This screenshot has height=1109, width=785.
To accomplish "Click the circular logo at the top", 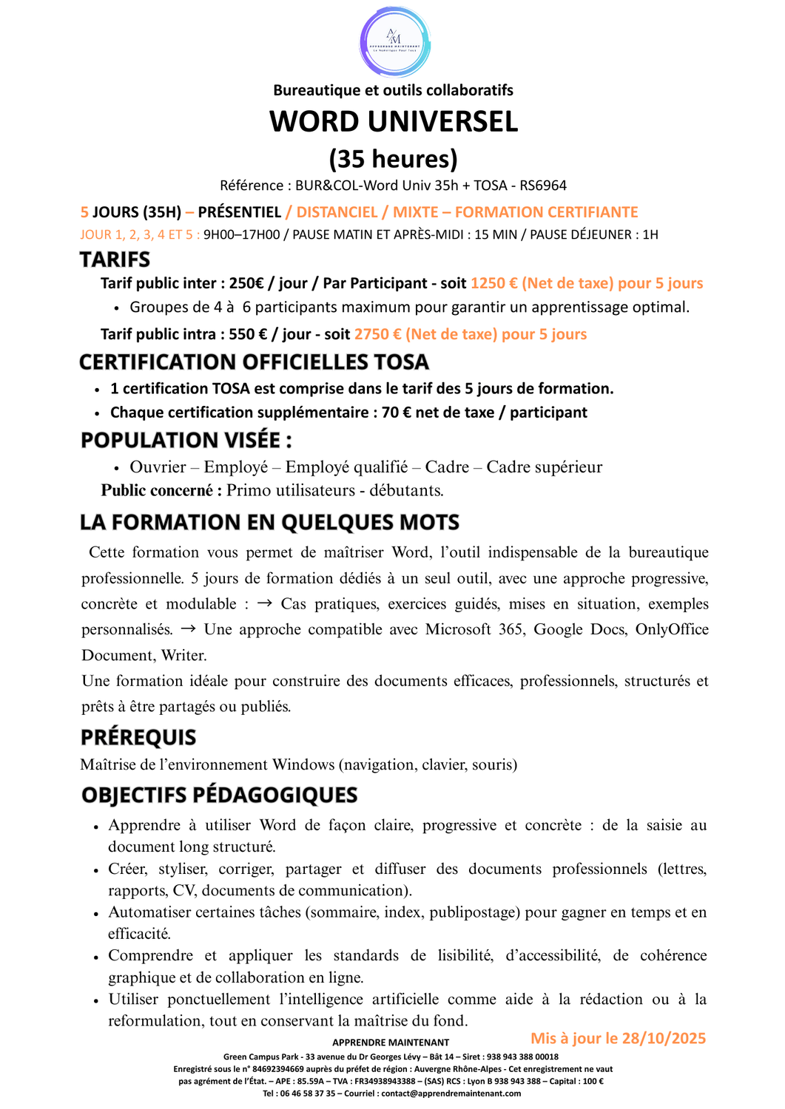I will click(x=394, y=41).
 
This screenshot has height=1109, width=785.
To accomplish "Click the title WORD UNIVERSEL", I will click(x=393, y=122).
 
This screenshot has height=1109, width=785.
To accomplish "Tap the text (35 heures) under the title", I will click(x=393, y=159).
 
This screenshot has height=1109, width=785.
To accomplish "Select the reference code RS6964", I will click(x=543, y=186).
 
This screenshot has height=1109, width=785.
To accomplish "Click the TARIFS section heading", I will click(x=115, y=260).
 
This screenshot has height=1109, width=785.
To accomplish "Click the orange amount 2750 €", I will click(x=377, y=334).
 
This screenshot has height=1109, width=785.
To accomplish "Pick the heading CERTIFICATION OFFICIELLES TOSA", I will click(x=254, y=362).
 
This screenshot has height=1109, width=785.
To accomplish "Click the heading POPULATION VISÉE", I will click(x=186, y=441).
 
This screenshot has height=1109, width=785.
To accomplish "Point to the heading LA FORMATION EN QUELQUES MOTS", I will click(x=269, y=523).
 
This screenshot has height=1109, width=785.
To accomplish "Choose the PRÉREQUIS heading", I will click(x=138, y=738).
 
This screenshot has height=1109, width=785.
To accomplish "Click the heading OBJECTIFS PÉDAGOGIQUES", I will click(x=219, y=796).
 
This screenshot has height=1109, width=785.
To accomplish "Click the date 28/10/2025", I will click(x=664, y=1039).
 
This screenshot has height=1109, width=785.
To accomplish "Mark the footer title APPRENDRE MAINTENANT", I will click(x=391, y=1043).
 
